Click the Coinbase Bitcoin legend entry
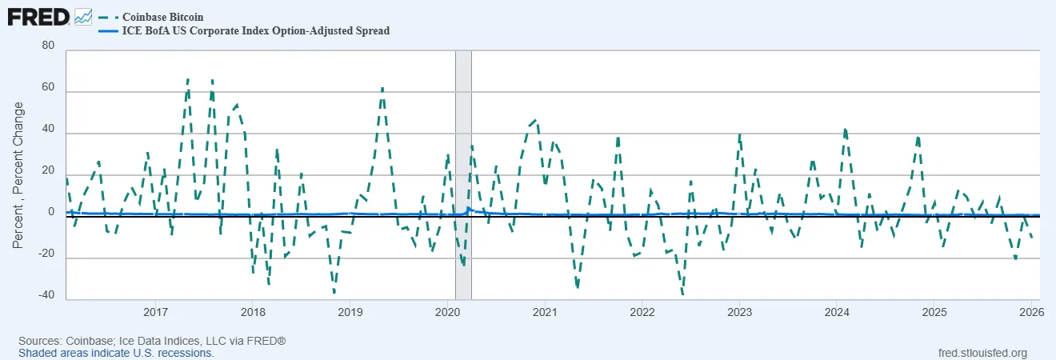(x=162, y=17)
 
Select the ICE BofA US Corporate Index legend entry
(x=255, y=31)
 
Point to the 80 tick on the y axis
(x=48, y=46)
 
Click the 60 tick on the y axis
(x=48, y=87)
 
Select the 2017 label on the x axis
(x=155, y=311)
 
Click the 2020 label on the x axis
(x=446, y=311)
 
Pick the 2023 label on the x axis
(x=738, y=311)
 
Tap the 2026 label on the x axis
(x=1029, y=311)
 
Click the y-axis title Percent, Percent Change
(x=18, y=174)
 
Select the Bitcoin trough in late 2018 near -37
(x=334, y=292)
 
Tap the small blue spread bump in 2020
(x=468, y=209)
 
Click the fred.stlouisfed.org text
(x=981, y=353)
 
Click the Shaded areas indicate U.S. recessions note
(x=116, y=353)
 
